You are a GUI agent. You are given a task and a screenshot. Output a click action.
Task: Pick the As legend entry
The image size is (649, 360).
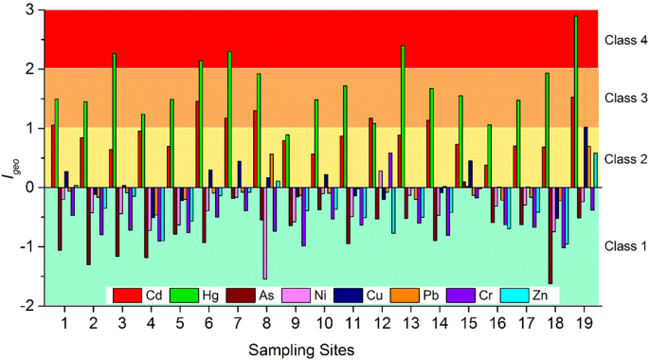(x=267, y=294)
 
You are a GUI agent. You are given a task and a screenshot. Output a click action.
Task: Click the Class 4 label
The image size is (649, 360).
(x=623, y=41)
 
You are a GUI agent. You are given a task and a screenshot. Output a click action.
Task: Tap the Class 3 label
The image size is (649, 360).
(x=623, y=99)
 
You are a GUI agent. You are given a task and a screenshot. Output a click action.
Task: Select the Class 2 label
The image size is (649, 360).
(x=623, y=158)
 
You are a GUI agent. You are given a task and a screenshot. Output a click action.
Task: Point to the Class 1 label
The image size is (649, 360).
(x=623, y=246)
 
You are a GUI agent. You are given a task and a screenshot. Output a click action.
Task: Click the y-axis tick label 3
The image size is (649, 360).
(x=29, y=10)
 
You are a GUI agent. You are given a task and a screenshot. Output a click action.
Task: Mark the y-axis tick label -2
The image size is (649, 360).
(x=27, y=306)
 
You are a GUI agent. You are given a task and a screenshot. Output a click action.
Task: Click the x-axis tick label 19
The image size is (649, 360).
(x=584, y=323)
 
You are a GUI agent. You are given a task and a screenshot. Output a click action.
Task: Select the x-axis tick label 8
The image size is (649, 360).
(x=266, y=323)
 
